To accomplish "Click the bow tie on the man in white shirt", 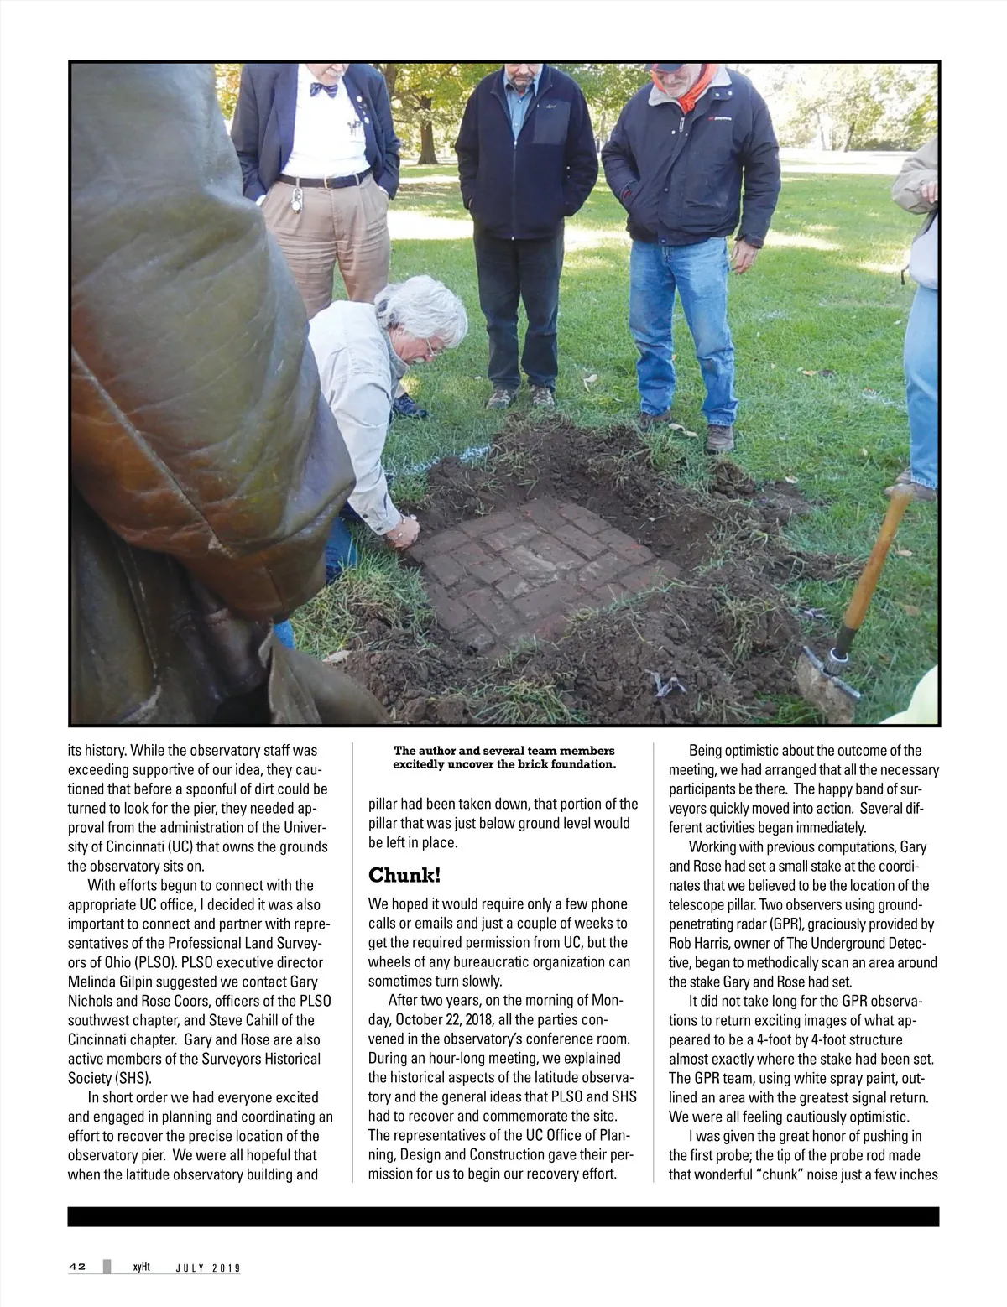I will pos(324,88).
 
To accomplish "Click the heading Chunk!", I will pos(404,876).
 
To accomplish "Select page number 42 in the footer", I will pos(77,1267).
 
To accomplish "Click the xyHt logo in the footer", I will pos(140,1267).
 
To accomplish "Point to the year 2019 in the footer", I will pos(225,1268).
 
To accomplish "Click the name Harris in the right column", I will pos(715,944).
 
